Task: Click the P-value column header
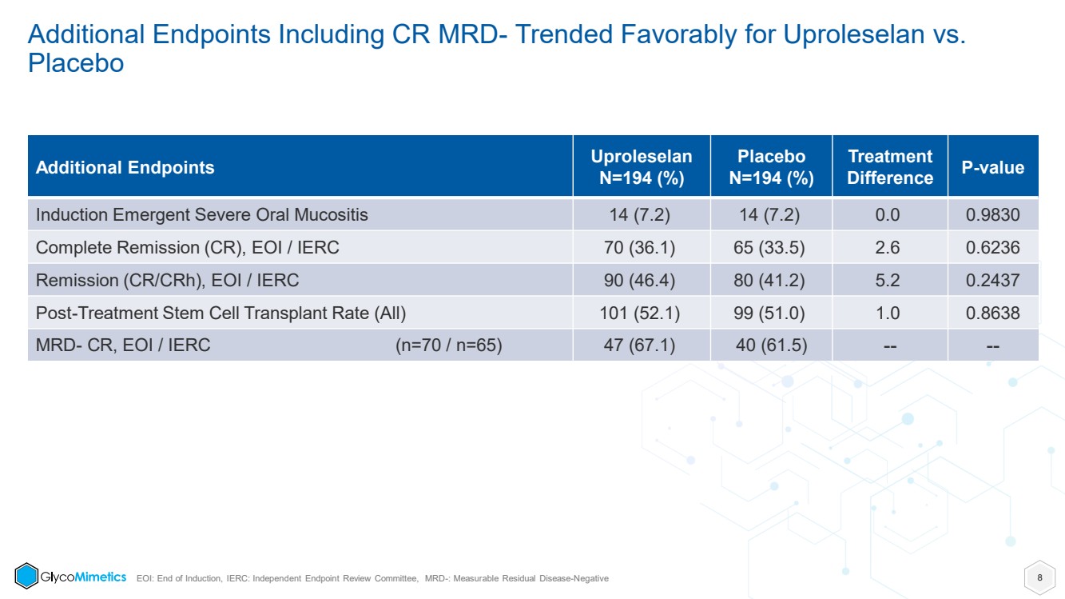[993, 167]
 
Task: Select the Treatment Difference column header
[890, 167]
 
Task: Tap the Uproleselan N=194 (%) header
[642, 167]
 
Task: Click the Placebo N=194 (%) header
[771, 167]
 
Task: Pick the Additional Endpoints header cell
[125, 167]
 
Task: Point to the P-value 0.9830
[993, 214]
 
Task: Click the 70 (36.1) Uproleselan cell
[639, 247]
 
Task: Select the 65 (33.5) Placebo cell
[769, 247]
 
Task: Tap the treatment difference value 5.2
[887, 280]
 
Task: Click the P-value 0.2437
[993, 280]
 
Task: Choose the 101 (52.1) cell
[639, 313]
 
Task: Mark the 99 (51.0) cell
[769, 313]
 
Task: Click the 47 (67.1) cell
[639, 345]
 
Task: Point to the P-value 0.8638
[993, 313]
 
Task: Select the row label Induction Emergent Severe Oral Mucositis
[201, 214]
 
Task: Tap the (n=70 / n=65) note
[448, 345]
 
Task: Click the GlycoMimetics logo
[70, 576]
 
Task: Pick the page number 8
[1039, 577]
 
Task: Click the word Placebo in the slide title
[76, 63]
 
